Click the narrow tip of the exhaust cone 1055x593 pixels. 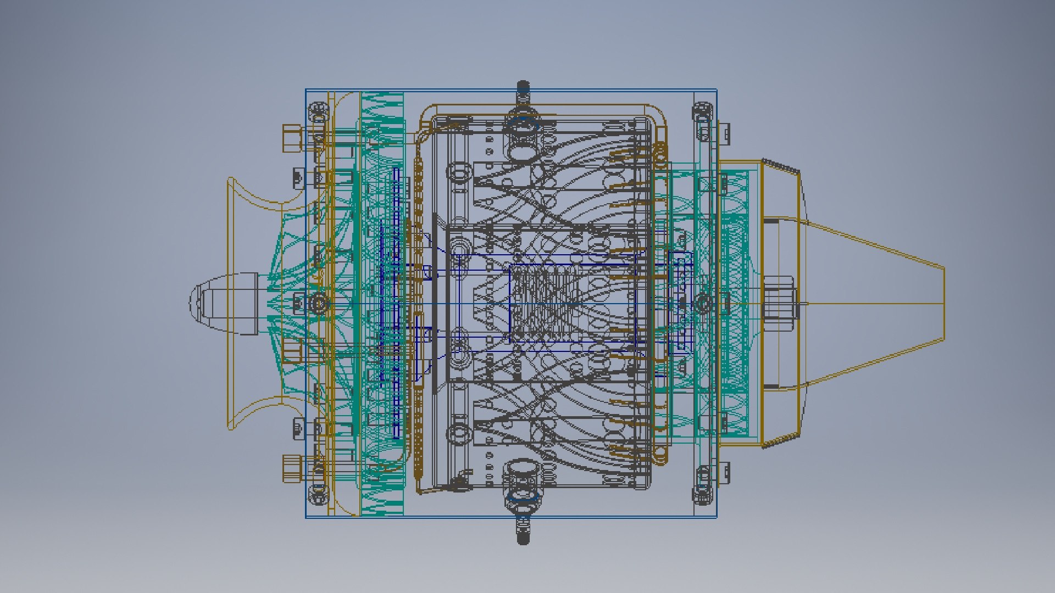point(941,303)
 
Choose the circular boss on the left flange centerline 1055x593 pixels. point(318,303)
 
